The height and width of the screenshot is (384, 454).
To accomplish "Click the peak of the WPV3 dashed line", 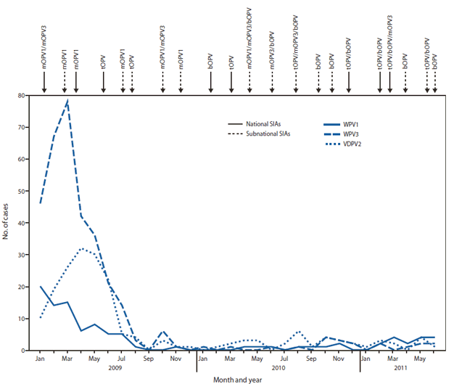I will tap(67, 102).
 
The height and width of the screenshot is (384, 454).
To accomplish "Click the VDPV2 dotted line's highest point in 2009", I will tap(81, 249).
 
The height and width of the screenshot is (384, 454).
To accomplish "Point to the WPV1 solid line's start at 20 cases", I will tap(40, 287).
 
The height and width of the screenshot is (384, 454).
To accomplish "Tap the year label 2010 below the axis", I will tap(278, 368).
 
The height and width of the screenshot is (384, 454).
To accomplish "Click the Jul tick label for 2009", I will tap(120, 359).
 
